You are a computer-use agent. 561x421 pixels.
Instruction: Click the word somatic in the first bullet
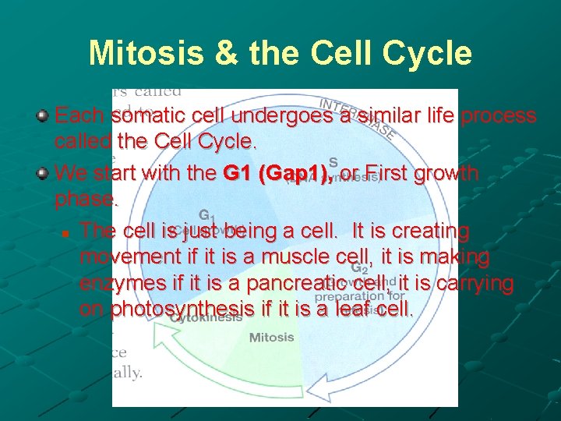148,116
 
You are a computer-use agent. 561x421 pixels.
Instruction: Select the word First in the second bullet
391,173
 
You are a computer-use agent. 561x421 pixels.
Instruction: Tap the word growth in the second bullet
450,173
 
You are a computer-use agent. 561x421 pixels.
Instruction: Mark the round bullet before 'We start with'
43,172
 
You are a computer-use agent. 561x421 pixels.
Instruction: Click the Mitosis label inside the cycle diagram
271,338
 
